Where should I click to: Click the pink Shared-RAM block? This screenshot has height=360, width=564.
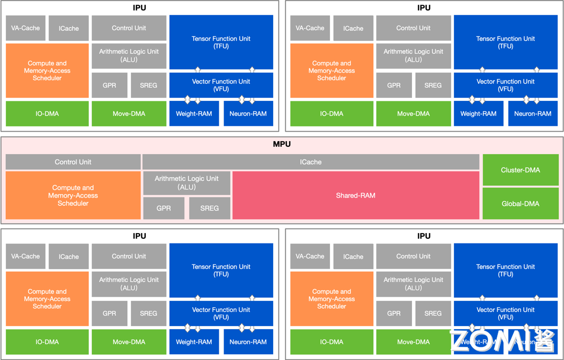[x=356, y=195]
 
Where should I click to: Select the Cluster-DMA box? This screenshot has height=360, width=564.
[x=520, y=170]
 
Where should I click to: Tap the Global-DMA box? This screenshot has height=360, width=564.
[x=520, y=204]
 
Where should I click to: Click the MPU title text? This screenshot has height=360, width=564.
[x=282, y=144]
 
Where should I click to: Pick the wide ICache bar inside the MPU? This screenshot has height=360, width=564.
[x=311, y=162]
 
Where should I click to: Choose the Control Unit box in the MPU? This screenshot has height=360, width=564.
[x=73, y=162]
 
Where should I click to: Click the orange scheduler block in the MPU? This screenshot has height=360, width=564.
[x=73, y=195]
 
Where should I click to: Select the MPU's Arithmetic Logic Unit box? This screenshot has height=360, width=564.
[x=186, y=182]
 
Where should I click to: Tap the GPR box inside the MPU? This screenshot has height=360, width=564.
[x=163, y=208]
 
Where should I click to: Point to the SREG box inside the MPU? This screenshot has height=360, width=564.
[x=209, y=208]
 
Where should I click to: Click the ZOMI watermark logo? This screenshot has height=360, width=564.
[x=502, y=340]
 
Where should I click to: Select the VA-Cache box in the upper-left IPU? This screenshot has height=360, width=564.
[x=26, y=28]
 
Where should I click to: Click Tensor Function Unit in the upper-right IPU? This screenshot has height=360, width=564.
[x=506, y=42]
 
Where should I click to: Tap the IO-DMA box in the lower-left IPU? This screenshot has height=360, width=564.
[x=47, y=342]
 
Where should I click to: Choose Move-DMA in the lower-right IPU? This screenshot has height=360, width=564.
[x=413, y=342]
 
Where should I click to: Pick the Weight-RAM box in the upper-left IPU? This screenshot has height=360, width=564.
[x=194, y=114]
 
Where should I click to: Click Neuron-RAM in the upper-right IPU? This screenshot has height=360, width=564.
[x=533, y=114]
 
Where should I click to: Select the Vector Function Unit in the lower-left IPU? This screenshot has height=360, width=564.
[x=221, y=313]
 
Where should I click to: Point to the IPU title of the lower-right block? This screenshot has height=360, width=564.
[x=424, y=236]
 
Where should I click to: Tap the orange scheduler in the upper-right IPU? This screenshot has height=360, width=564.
[x=332, y=71]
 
